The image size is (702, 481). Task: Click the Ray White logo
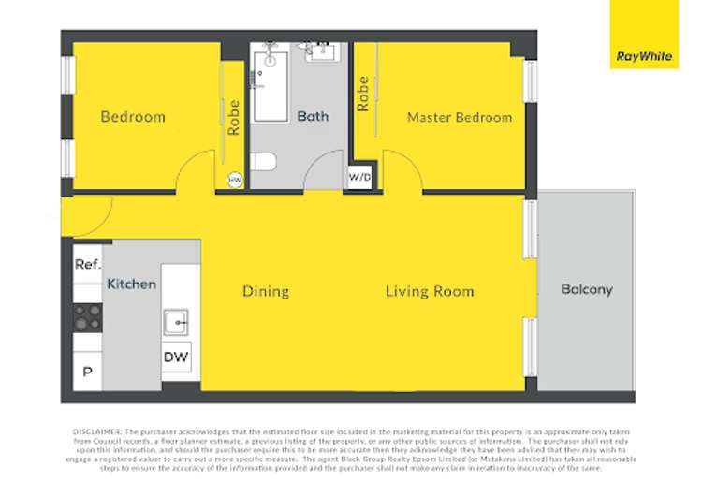(644, 35)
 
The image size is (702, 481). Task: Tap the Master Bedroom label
(459, 118)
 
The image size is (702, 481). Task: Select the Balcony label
(586, 289)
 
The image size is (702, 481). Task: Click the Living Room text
(430, 291)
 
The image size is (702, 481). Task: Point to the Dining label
(266, 291)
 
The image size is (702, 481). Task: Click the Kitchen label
(131, 283)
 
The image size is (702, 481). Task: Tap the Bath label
(313, 117)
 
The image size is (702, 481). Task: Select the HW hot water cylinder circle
(235, 180)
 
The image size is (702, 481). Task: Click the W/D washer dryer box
(359, 177)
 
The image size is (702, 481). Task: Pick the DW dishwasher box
(176, 357)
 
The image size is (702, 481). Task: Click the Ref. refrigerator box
(87, 265)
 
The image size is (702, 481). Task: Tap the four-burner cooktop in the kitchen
(88, 317)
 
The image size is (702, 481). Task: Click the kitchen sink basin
(176, 323)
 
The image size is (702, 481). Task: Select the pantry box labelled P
(87, 372)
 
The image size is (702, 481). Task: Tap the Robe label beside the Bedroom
(234, 118)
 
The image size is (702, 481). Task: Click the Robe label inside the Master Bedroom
(362, 94)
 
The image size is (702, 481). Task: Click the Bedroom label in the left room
(133, 117)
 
